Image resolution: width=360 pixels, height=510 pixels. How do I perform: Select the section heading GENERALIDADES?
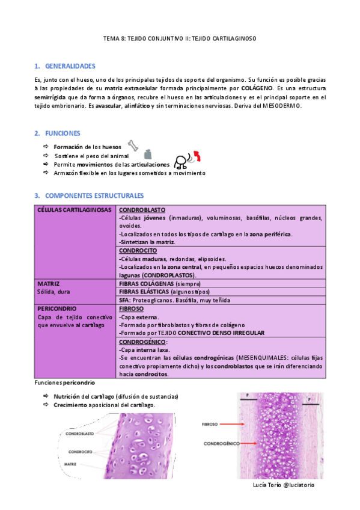point(70,66)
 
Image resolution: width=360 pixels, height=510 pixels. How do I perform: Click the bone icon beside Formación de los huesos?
point(133,146)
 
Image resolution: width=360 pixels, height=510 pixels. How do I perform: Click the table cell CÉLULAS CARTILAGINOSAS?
point(74,209)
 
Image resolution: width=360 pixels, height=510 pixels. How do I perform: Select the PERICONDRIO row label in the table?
point(58,308)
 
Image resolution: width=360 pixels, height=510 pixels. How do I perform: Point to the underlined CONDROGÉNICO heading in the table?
point(143,341)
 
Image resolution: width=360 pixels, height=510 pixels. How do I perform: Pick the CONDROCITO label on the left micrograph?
point(80,451)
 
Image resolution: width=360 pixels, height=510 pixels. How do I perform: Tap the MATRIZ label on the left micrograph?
point(75,464)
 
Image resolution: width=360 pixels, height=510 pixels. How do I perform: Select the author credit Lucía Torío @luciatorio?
point(284,484)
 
